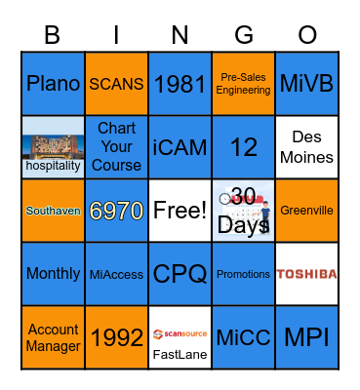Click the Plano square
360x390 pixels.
pos(53,84)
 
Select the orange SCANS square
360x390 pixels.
pos(116,84)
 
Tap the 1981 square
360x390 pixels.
pos(180,84)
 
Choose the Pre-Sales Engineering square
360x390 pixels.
pos(244,84)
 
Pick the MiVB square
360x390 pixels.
pos(307,84)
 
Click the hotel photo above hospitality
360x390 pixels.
pos(53,139)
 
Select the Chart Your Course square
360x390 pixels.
pos(116,147)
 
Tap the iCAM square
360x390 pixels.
pos(180,147)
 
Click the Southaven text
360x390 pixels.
pos(53,211)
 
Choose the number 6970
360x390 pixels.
pos(116,211)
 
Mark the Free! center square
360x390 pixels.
pos(180,211)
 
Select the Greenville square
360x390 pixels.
pos(307,211)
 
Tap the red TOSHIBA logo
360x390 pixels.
pos(307,274)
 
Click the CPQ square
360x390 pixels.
pos(180,274)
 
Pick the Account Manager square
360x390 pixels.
pos(53,337)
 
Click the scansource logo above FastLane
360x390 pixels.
pos(180,331)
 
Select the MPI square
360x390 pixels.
pos(307,337)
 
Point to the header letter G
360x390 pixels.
pos(244,35)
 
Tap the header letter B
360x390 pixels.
pos(53,35)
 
